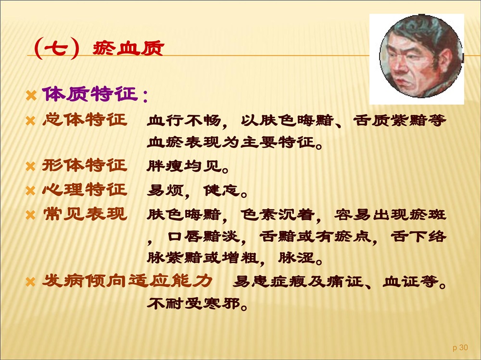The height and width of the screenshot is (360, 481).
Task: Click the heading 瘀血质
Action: click(x=128, y=49)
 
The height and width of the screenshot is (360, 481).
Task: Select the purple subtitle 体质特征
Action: click(x=90, y=94)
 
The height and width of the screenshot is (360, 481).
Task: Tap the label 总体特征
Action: click(x=85, y=120)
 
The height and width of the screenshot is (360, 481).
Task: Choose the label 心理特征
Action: click(x=85, y=189)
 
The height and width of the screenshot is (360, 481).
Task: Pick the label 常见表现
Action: click(x=85, y=214)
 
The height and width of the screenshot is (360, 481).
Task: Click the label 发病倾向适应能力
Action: click(x=127, y=281)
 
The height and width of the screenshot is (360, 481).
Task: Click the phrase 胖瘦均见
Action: click(x=184, y=166)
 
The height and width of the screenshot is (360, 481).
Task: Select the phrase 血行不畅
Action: click(x=184, y=121)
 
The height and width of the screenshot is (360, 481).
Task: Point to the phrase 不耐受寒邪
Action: click(x=193, y=304)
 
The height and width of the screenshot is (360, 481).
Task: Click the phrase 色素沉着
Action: click(x=278, y=215)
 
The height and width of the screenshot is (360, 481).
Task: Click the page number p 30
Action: click(x=460, y=348)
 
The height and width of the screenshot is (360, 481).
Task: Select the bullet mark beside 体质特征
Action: click(x=31, y=95)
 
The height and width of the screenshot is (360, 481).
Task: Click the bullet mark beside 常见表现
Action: click(x=31, y=215)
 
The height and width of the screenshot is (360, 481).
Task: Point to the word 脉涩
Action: click(x=296, y=258)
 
